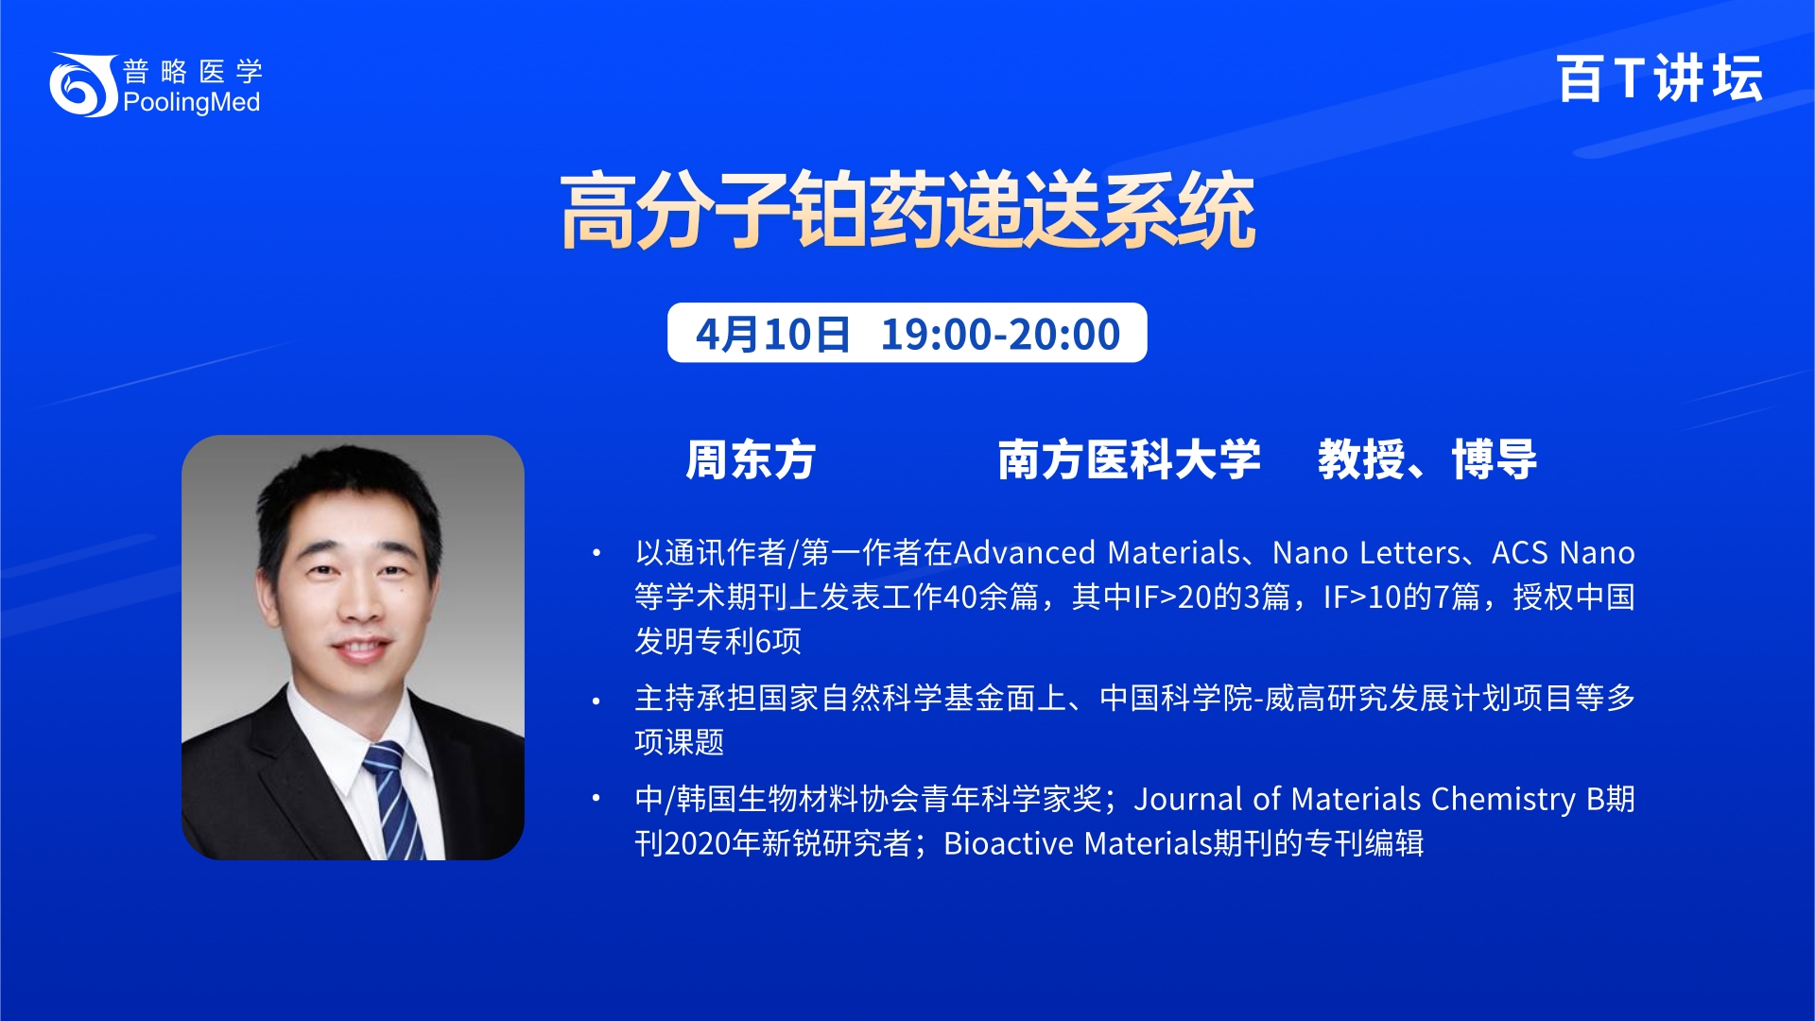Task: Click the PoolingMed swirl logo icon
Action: tap(83, 85)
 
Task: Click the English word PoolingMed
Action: tap(192, 102)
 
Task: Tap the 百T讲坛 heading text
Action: tap(1659, 78)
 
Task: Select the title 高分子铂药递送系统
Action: tap(907, 210)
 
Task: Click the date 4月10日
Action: tap(773, 334)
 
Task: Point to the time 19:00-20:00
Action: tap(1000, 334)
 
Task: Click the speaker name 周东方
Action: tap(751, 460)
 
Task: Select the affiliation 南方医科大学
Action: tap(1130, 460)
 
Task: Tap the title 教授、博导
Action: tap(1427, 460)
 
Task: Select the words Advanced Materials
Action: tap(1097, 552)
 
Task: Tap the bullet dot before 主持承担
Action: tap(596, 701)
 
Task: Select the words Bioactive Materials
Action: tap(1078, 843)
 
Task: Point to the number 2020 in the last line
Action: tap(698, 843)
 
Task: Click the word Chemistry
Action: tap(1503, 800)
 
